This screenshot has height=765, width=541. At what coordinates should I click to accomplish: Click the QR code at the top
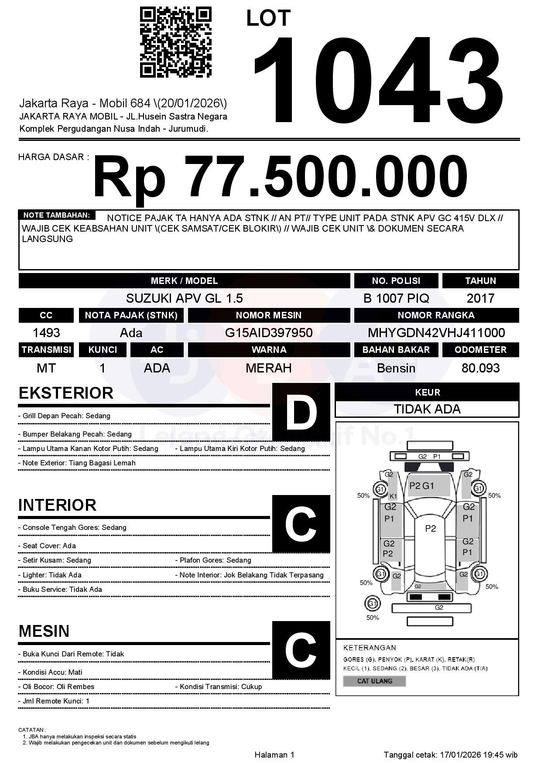pyautogui.click(x=175, y=42)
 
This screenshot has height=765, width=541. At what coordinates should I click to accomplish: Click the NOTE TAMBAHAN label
pyautogui.click(x=57, y=215)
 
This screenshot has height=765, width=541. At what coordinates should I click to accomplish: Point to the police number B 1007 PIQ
pyautogui.click(x=396, y=298)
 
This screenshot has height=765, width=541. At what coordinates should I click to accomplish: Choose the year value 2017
pyautogui.click(x=480, y=298)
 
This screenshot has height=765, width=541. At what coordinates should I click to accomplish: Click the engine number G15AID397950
pyautogui.click(x=269, y=333)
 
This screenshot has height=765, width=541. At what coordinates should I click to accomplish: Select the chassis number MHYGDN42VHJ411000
pyautogui.click(x=436, y=333)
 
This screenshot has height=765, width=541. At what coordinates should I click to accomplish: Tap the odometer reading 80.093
pyautogui.click(x=480, y=368)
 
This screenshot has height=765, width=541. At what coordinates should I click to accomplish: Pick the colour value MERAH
pyautogui.click(x=269, y=368)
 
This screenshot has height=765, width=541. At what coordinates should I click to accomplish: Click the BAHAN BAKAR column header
pyautogui.click(x=396, y=350)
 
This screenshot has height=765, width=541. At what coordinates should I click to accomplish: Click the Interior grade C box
pyautogui.click(x=301, y=524)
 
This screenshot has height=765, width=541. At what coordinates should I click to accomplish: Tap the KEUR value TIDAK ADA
pyautogui.click(x=427, y=409)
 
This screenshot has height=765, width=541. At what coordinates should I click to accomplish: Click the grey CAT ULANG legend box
pyautogui.click(x=374, y=681)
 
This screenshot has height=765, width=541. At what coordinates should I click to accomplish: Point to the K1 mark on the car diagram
pyautogui.click(x=393, y=496)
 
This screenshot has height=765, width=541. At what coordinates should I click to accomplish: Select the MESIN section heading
pyautogui.click(x=44, y=631)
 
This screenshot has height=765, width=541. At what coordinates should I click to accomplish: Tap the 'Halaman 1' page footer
pyautogui.click(x=274, y=755)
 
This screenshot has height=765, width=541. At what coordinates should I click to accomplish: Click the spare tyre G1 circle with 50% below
pyautogui.click(x=372, y=604)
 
